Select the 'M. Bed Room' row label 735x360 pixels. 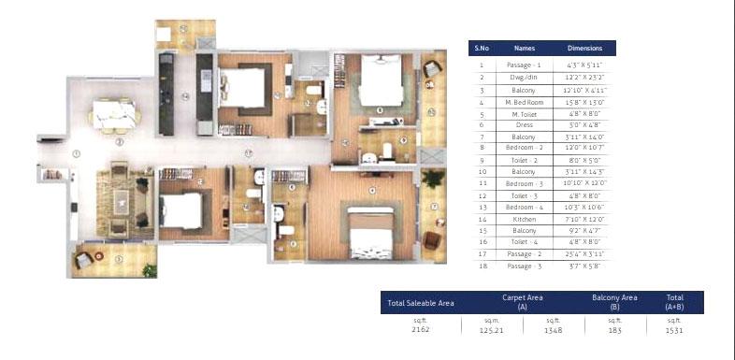(x=524, y=100)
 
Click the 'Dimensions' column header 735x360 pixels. (x=585, y=48)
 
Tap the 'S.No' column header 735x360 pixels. (x=482, y=48)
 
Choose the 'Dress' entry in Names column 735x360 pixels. (x=524, y=123)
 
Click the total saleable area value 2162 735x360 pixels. (x=420, y=329)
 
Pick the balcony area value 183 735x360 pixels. (x=614, y=329)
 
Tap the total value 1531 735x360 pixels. (x=673, y=329)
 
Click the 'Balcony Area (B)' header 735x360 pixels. (x=614, y=302)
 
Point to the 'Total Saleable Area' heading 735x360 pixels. (x=420, y=302)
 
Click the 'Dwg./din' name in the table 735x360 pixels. (x=524, y=77)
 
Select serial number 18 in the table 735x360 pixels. (x=482, y=265)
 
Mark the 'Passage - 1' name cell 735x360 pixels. (x=524, y=65)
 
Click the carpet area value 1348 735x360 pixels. (x=553, y=329)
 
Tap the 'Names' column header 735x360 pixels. (x=524, y=48)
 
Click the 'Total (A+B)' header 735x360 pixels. (x=673, y=302)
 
